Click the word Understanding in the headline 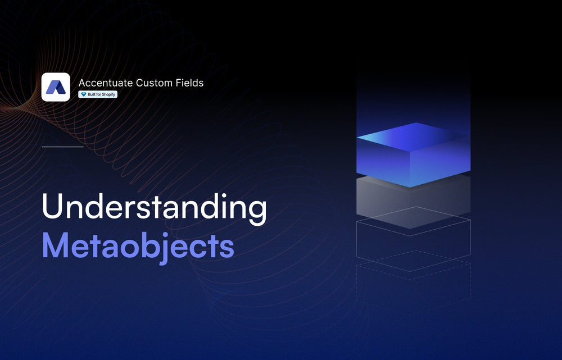click(154, 208)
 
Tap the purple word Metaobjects click(138, 247)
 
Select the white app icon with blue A click(56, 87)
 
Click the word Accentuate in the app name click(106, 83)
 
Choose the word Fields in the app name click(189, 83)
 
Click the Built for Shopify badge click(98, 94)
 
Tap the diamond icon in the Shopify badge click(84, 94)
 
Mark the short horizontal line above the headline click(62, 147)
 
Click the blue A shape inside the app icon click(56, 87)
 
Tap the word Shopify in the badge click(108, 94)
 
